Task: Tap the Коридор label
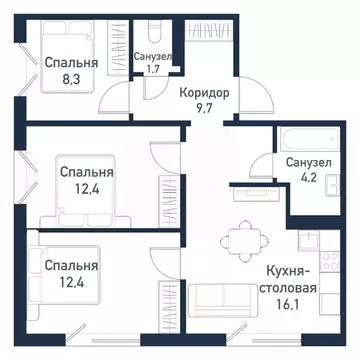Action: (205, 91)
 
